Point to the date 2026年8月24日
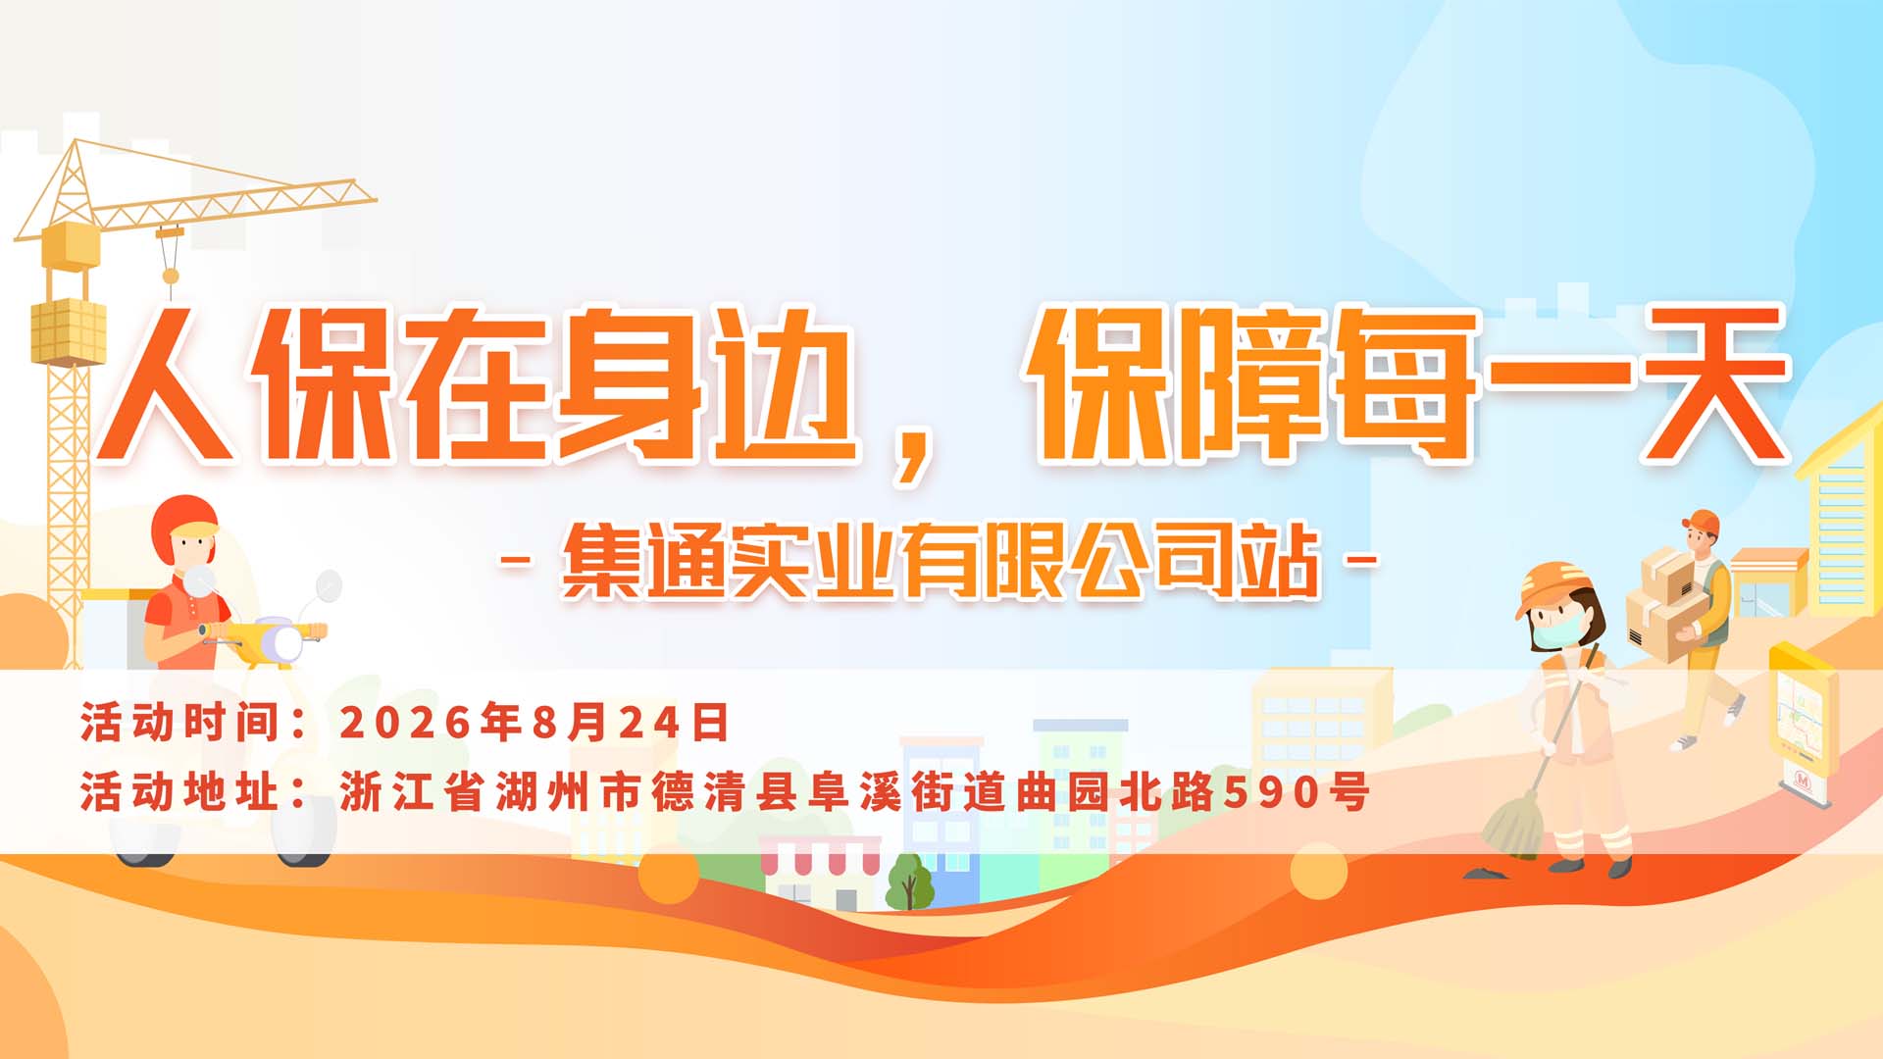click(x=534, y=723)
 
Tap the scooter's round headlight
click(x=286, y=644)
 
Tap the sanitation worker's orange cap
click(x=1550, y=585)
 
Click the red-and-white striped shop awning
click(x=820, y=855)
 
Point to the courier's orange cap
click(x=1701, y=521)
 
